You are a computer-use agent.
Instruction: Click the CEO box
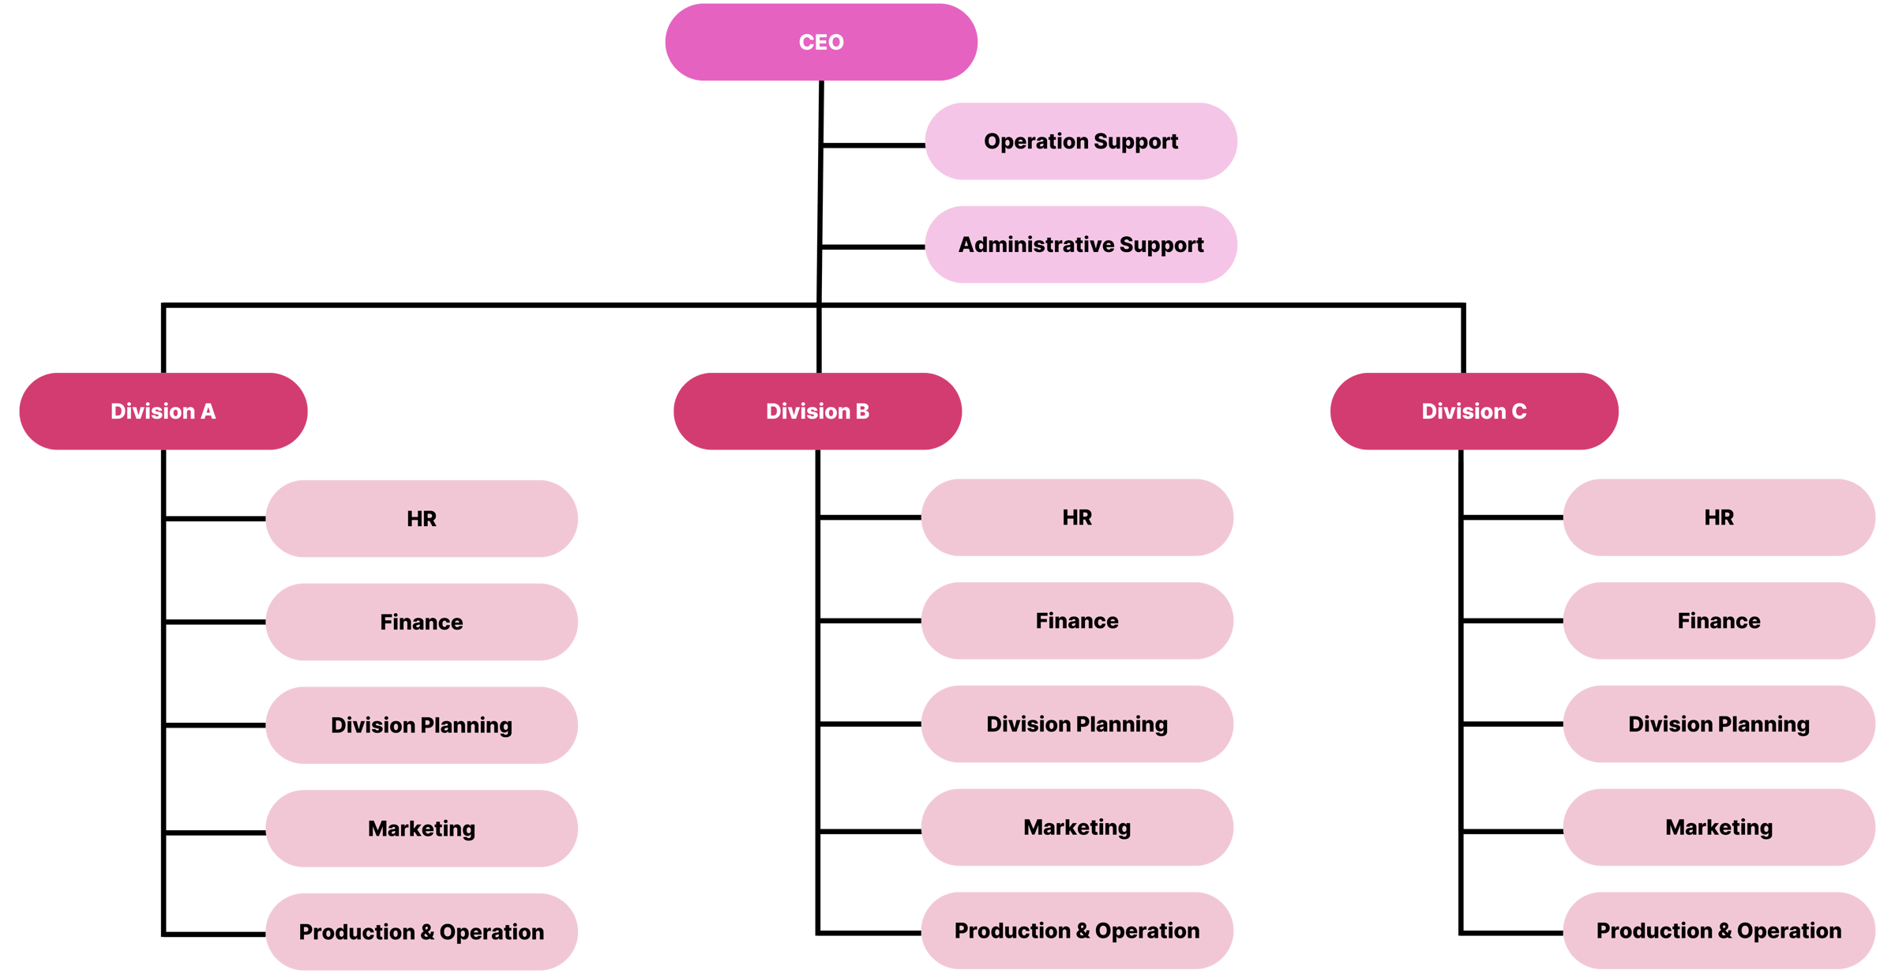821,42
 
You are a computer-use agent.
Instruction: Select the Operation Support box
1080,141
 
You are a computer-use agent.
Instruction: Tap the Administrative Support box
1080,245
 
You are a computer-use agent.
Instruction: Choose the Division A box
163,412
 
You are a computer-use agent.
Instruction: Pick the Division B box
817,412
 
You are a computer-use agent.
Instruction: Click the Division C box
1473,412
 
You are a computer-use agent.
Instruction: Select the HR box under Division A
422,519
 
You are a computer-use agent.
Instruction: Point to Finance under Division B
1077,621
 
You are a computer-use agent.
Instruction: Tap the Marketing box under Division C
1719,827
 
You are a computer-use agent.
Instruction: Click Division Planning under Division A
422,725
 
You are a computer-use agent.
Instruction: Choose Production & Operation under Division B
1077,931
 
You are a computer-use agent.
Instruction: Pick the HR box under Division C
1719,517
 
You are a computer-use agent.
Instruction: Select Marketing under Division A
422,829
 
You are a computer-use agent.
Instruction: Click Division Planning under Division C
1719,724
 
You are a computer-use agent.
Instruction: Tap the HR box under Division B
1077,517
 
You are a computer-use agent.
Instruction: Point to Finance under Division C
1719,621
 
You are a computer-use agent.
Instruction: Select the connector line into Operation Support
873,145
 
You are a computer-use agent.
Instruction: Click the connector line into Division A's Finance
215,622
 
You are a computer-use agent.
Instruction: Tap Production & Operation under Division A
422,932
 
